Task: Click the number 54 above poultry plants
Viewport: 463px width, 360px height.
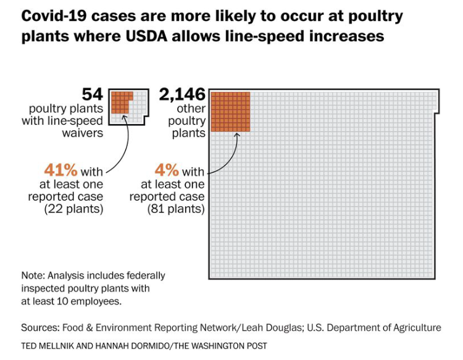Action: (x=92, y=94)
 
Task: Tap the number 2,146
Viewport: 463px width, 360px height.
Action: (x=182, y=94)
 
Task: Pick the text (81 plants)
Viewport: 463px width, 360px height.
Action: (x=175, y=209)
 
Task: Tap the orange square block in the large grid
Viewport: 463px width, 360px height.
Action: (x=230, y=111)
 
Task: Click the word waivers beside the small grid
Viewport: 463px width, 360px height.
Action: (x=82, y=132)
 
